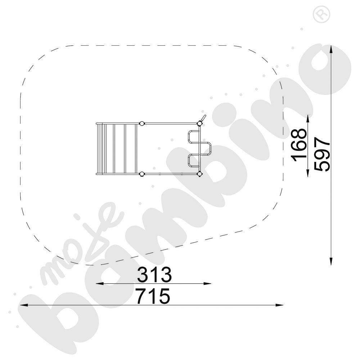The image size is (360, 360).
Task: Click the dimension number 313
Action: coord(154,274)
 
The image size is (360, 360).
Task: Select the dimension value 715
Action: coord(153,296)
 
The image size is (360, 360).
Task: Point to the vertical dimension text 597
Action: coord(322,154)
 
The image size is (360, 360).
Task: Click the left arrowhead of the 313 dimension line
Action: coord(99,284)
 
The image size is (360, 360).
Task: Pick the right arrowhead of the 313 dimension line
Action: coord(208,284)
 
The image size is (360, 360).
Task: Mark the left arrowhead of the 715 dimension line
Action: coord(24,305)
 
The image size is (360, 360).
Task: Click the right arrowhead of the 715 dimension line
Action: coord(279,305)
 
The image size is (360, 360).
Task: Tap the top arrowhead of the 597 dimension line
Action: coord(331,49)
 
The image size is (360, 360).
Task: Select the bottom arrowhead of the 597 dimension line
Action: coord(331,261)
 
